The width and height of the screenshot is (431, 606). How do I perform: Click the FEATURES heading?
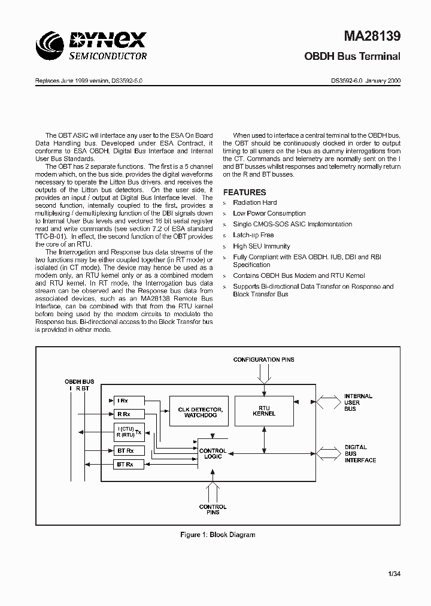click(244, 192)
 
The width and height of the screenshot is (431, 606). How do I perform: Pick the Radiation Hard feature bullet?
click(255, 203)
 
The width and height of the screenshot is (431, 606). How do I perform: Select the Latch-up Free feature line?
click(253, 235)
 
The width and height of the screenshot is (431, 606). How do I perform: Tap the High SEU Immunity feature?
click(262, 246)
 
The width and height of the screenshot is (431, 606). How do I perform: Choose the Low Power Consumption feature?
click(269, 214)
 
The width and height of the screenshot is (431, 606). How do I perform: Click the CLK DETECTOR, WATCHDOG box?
click(201, 411)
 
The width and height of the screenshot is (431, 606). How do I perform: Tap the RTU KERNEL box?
click(264, 410)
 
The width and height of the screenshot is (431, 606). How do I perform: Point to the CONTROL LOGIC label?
click(213, 453)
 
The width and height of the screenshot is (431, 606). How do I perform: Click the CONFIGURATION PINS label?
click(263, 360)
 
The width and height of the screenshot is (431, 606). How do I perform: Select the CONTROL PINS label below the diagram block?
click(213, 510)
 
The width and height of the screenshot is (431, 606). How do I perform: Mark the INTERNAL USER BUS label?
click(358, 402)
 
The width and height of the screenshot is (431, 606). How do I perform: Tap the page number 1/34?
click(393, 575)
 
